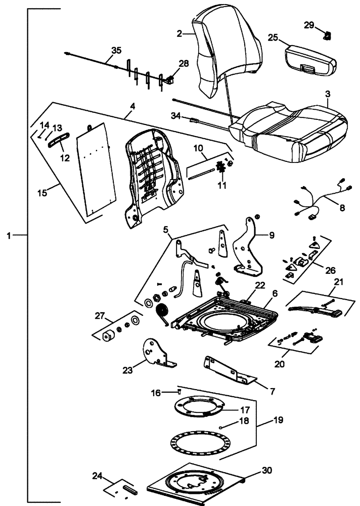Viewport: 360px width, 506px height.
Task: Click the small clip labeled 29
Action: (327, 35)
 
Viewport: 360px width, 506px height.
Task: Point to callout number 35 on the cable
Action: (116, 50)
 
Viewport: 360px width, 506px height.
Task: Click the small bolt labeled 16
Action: (179, 391)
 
